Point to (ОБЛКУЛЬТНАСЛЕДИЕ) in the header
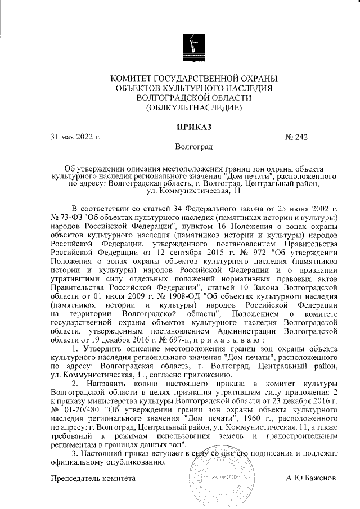coord(194,107)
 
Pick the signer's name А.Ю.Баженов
coord(311,477)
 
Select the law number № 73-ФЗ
coord(64,217)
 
